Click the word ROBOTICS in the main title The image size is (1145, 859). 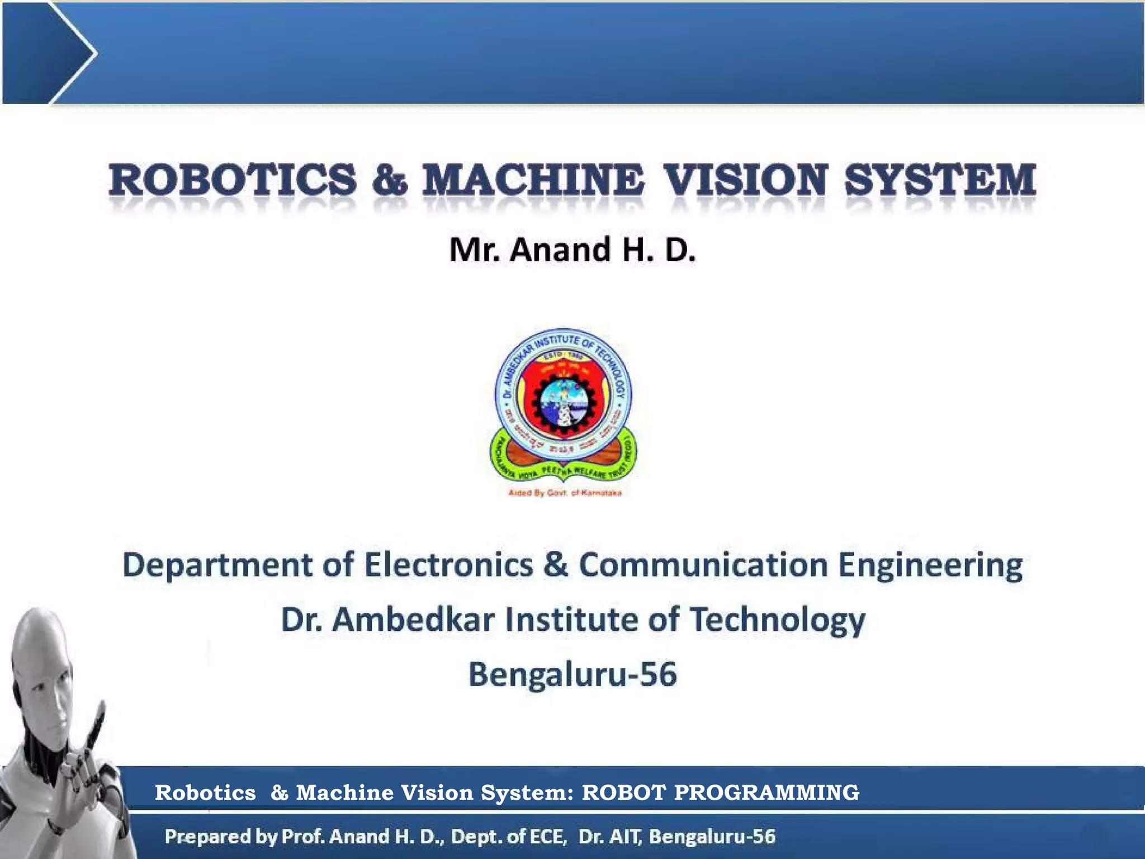click(x=233, y=180)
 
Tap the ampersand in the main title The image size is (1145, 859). click(x=390, y=181)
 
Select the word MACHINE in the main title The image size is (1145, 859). click(x=533, y=180)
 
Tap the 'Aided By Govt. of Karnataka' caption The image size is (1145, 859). click(x=565, y=493)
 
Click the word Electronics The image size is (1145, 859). click(x=449, y=564)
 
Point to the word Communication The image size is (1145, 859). click(x=703, y=564)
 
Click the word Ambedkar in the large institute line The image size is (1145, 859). click(x=417, y=620)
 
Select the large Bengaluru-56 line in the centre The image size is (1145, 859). click(x=572, y=674)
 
